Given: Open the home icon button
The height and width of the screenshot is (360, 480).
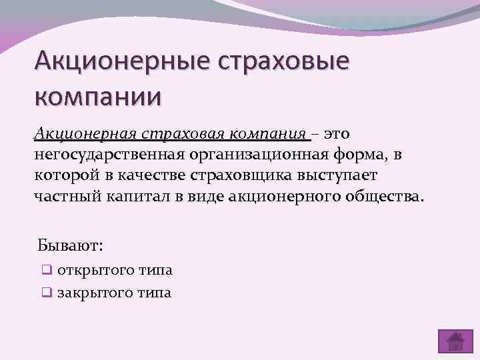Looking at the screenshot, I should (x=455, y=341).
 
